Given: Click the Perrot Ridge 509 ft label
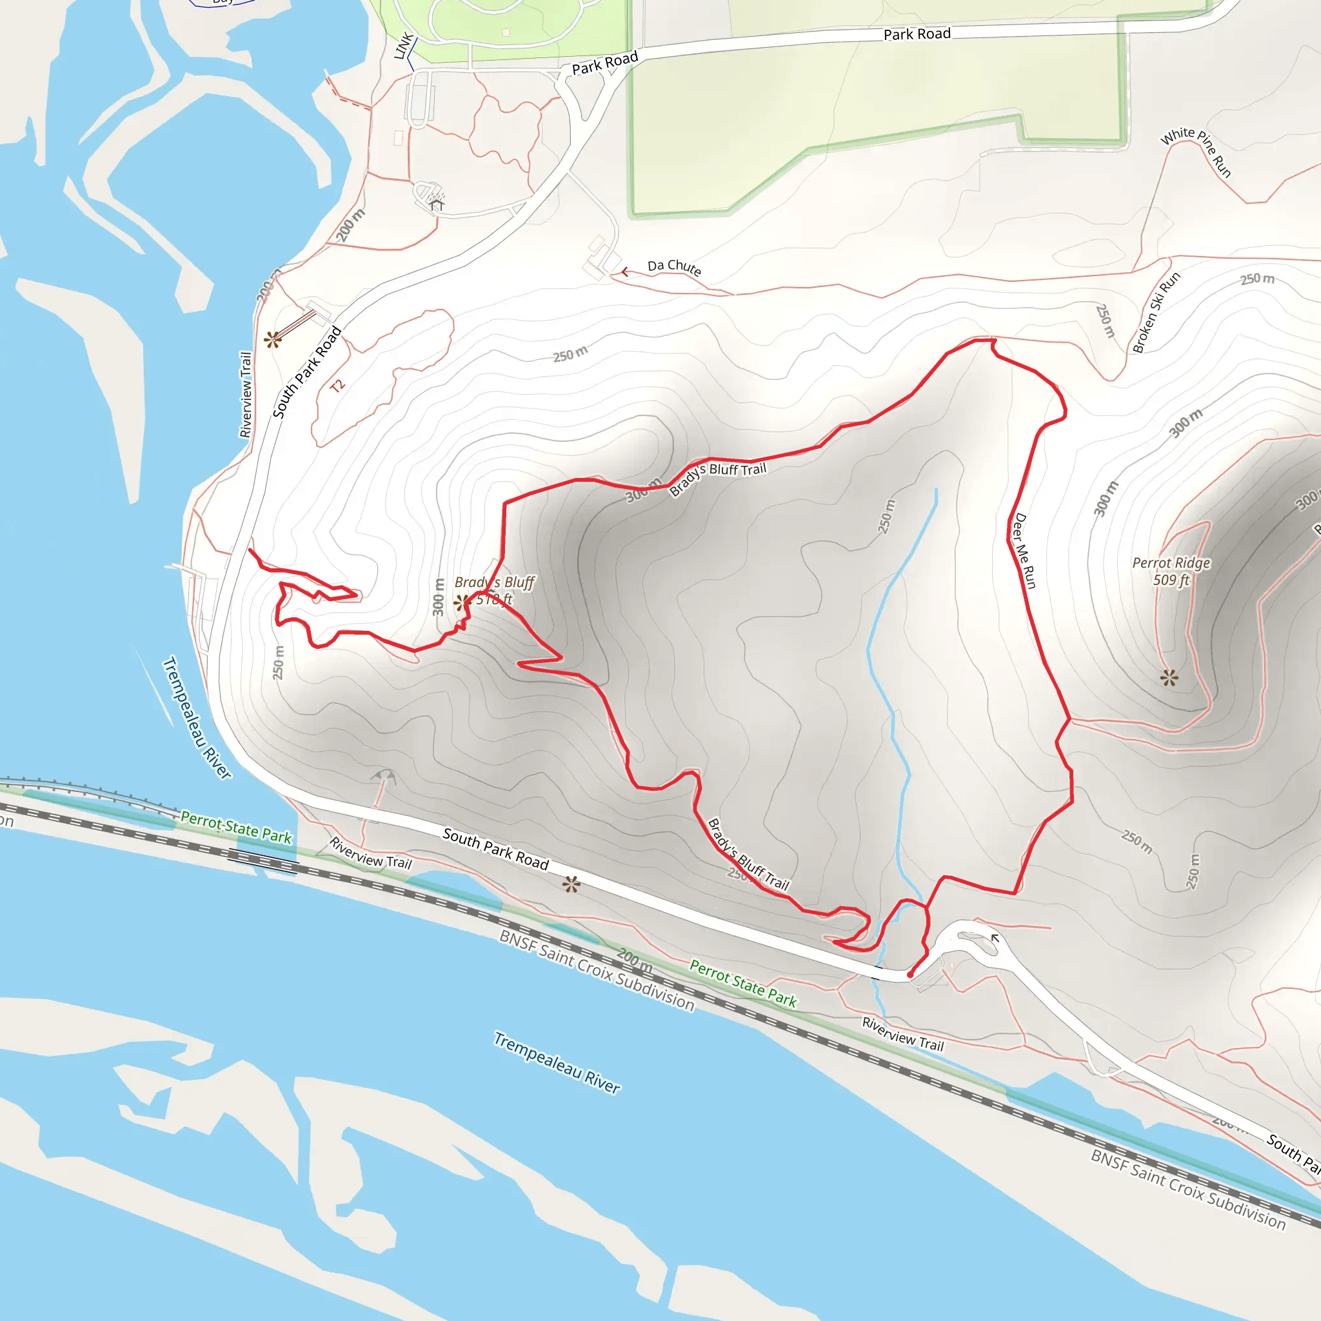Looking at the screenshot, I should coord(1171,571).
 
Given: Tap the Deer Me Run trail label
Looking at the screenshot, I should coord(1024,550).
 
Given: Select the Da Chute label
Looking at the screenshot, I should coord(674,266).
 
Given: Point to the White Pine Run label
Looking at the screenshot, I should coord(1196,151).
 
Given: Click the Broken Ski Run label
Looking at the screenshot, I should coord(1155,312).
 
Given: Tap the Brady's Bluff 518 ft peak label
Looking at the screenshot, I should coord(494,590).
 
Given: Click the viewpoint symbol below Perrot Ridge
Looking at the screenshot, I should coord(1169,678).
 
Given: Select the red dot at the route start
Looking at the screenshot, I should coord(910,975).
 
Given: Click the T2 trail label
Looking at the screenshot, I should coord(338,386).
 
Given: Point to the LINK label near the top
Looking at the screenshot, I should coord(404,45).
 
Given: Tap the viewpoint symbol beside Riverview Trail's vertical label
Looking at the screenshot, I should coord(273,339).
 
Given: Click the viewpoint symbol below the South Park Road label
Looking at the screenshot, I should coord(571,885).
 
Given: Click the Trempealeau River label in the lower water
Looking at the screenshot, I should coord(557,1062).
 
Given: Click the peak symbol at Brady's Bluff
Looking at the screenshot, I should coord(462,602).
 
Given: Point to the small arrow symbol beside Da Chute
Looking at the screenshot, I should coord(624,272).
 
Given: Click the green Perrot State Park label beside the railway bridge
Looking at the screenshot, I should coord(237,828).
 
